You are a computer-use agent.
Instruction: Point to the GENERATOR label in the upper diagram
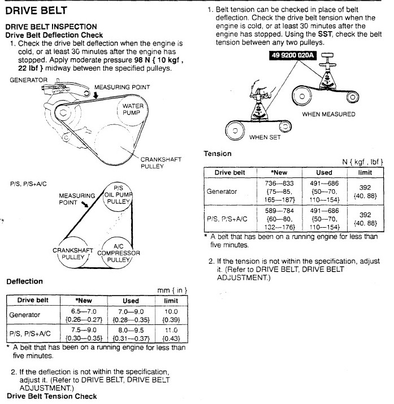click(28, 80)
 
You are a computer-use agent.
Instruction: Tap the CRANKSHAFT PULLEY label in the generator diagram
click(161, 163)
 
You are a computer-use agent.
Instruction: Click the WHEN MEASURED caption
click(328, 114)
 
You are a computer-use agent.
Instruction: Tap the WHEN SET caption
click(266, 136)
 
